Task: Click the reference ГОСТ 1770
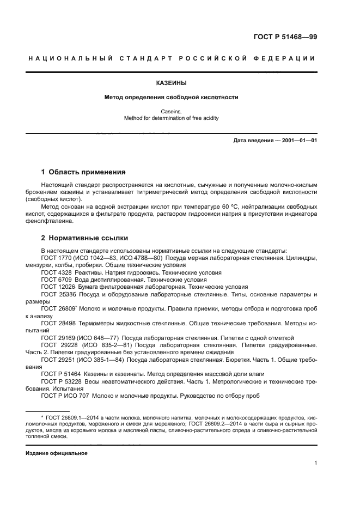click(x=57, y=257)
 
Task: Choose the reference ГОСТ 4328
click(x=57, y=272)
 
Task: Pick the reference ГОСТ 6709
click(x=57, y=279)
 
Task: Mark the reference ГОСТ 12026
click(x=58, y=287)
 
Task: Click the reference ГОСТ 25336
click(x=58, y=294)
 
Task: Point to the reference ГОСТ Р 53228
click(x=60, y=381)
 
